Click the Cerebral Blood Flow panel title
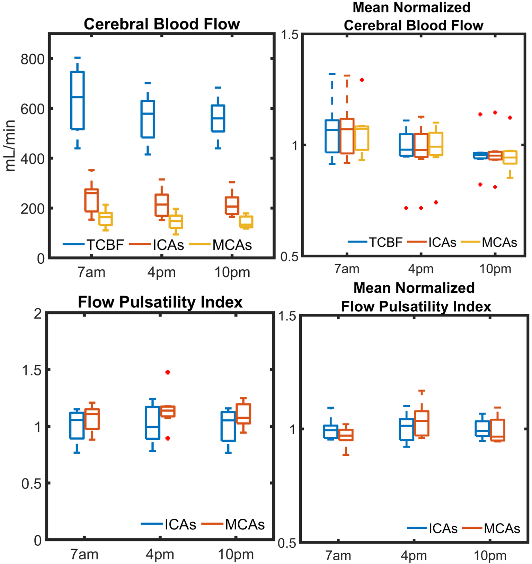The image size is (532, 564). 162,24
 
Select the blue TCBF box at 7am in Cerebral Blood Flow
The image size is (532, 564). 78,100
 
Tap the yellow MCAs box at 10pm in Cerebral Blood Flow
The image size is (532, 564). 246,222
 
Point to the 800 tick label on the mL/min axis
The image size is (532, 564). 32,59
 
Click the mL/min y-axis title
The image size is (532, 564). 10,146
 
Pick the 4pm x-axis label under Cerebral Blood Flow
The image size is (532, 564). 161,272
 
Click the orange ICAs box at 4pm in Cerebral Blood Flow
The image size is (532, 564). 162,205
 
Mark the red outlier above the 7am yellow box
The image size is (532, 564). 362,80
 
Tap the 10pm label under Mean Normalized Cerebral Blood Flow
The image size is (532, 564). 495,269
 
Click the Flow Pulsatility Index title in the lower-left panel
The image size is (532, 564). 160,302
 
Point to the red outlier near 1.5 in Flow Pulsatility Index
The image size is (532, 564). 168,372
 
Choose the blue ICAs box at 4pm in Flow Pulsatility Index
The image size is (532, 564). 152,423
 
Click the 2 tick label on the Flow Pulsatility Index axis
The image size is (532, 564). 38,314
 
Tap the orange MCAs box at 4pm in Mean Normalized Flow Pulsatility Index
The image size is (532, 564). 422,423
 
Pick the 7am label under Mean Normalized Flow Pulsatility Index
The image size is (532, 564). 338,556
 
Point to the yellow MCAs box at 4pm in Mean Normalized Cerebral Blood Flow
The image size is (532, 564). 436,144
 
